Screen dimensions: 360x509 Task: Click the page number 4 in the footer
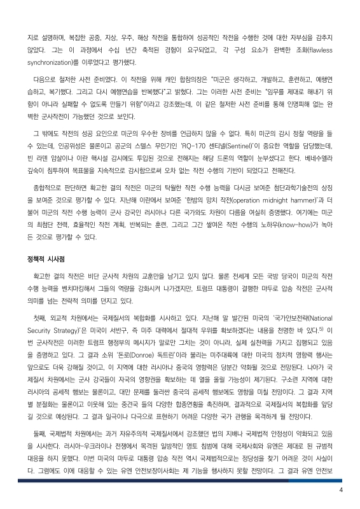(341, 489)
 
